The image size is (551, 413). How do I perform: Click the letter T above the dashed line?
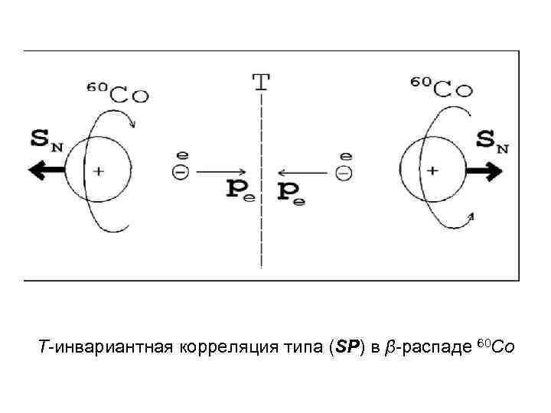click(262, 80)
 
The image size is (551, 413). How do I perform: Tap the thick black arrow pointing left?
click(46, 171)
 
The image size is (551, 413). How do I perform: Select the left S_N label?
click(47, 140)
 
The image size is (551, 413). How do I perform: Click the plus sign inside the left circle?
click(98, 171)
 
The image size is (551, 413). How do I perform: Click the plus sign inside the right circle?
click(432, 171)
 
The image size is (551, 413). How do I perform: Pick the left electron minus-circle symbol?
click(180, 172)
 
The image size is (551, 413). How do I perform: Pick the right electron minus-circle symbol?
click(346, 172)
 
